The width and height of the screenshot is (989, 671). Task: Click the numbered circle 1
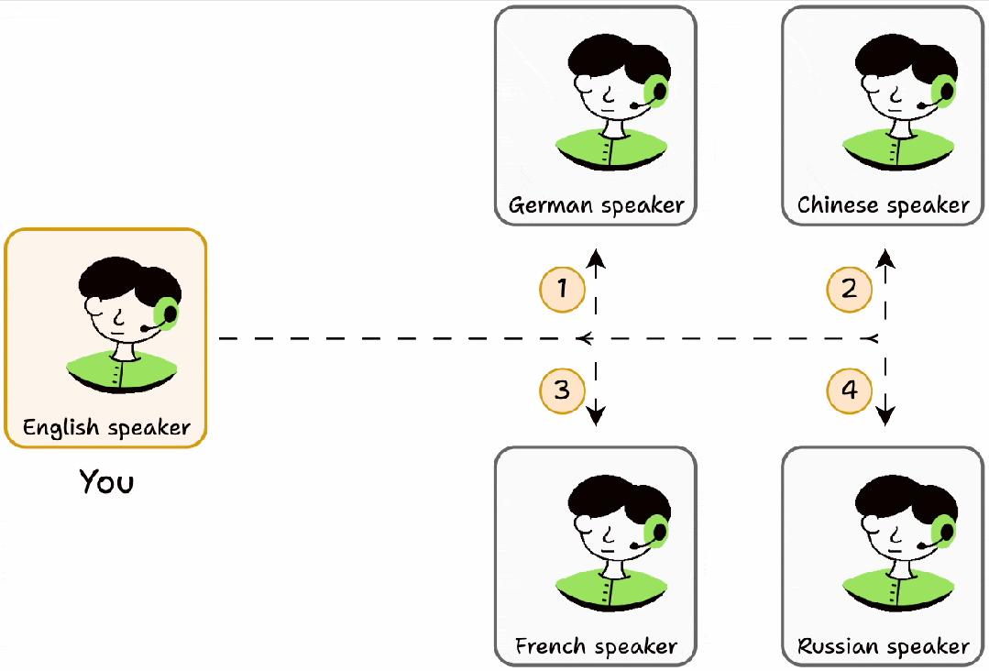click(x=563, y=290)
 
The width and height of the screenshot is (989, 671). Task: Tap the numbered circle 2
click(x=850, y=290)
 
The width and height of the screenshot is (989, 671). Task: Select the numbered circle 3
click(x=563, y=390)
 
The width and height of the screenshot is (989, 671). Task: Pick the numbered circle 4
click(x=850, y=390)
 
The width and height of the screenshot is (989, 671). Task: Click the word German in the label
click(x=551, y=205)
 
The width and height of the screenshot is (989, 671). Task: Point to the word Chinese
click(x=838, y=205)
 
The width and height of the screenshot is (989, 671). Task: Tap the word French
click(x=551, y=645)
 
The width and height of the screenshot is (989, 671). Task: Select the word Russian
click(x=838, y=645)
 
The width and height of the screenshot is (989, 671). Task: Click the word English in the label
click(x=61, y=427)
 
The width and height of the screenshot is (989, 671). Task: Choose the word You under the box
click(x=106, y=482)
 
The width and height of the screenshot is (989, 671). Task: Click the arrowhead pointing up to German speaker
click(x=596, y=258)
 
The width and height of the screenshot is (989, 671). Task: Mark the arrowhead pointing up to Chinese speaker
click(x=885, y=258)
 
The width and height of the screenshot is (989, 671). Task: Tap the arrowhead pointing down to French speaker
click(x=596, y=416)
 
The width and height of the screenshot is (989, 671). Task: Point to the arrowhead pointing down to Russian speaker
click(x=885, y=416)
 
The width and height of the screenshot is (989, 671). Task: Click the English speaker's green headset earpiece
click(x=167, y=313)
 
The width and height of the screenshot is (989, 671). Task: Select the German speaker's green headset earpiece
click(x=656, y=92)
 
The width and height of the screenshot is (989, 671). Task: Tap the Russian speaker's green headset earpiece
click(x=944, y=532)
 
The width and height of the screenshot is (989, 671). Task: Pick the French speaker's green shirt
click(x=611, y=588)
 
